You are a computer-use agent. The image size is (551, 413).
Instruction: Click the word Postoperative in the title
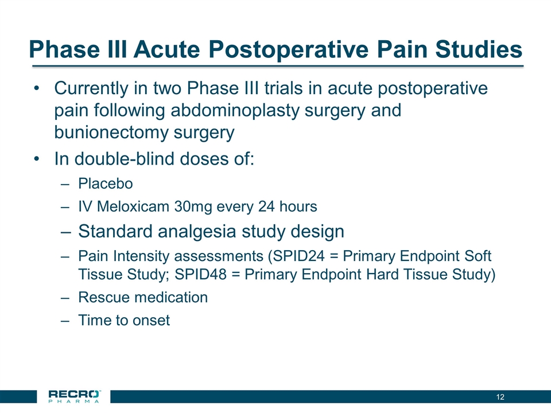pyautogui.click(x=288, y=49)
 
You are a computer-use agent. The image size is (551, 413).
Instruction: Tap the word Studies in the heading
pyautogui.click(x=479, y=49)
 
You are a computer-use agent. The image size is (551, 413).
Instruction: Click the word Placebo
pyautogui.click(x=106, y=184)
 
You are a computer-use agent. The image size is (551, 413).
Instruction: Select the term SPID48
pyautogui.click(x=201, y=274)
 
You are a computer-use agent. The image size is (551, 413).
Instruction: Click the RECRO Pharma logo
pyautogui.click(x=74, y=396)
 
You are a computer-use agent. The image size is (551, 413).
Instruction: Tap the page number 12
pyautogui.click(x=500, y=397)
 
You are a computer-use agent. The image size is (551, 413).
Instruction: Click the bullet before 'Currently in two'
pyautogui.click(x=37, y=88)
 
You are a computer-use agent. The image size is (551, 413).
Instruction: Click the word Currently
pyautogui.click(x=91, y=88)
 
